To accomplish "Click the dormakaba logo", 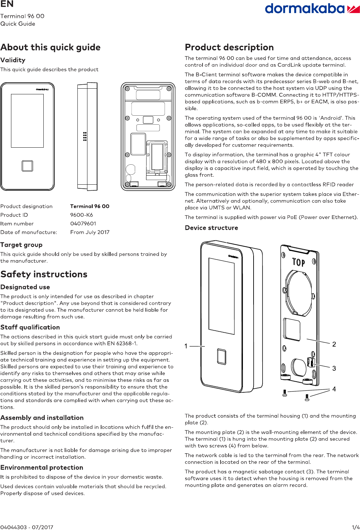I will coord(312,9).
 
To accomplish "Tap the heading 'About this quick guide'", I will coord(50,47).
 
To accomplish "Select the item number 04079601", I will coord(83,224).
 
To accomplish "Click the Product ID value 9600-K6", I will coord(81,215).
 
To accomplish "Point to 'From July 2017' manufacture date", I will coord(90,232).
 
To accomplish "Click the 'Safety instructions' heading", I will coord(44,274).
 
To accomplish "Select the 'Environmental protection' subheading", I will coord(42,468).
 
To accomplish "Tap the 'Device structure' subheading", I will coord(211,228).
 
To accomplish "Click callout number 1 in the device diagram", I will coord(186,346).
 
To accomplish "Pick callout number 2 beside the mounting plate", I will coord(334,344).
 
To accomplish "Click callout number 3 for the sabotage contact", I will coord(334,368).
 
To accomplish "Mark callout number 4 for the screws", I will coord(334,389).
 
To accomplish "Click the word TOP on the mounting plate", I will coord(299,262).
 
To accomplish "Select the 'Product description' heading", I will coord(229,47).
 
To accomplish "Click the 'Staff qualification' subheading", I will coord(30,327).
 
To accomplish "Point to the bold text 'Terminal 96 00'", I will coord(90,206).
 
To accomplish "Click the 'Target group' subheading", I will coord(21,245).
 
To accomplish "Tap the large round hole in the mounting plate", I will coord(299,292).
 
